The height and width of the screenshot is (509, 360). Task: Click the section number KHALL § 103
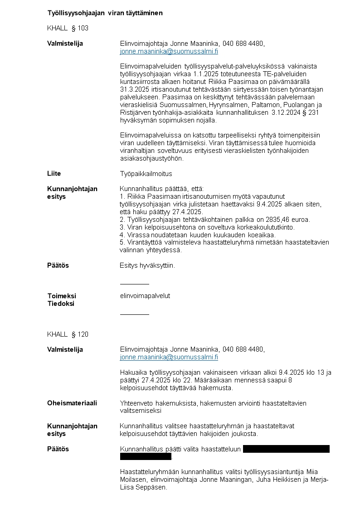68,28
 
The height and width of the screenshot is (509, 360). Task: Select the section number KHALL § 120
68,334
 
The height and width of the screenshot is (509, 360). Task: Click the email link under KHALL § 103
169,51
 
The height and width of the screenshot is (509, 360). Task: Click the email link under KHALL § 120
169,357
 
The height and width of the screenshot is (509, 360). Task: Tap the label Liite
54,174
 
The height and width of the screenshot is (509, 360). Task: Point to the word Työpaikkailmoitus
146,174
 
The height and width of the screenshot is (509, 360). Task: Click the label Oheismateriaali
72,403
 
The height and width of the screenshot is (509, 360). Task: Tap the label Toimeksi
62,296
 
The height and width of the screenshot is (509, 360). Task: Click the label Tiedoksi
61,304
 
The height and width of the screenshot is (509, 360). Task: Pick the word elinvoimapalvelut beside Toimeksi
145,296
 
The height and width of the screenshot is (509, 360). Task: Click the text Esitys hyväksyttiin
147,265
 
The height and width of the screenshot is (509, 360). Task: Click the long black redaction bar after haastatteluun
286,449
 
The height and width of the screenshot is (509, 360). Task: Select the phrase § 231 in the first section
315,113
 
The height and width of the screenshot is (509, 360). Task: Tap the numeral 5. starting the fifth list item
122,243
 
